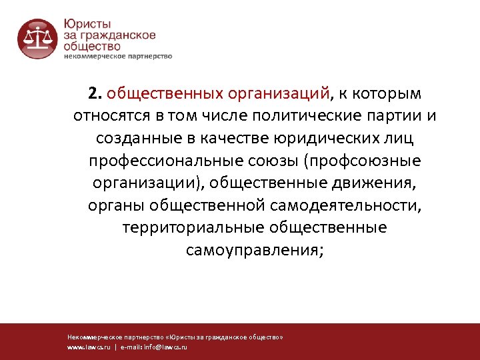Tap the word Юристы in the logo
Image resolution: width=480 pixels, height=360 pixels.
pos(87,22)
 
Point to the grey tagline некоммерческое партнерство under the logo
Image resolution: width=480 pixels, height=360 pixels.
pos(117,56)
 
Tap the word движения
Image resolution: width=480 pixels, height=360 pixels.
pos(375,183)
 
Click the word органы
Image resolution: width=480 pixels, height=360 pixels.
pos(116,206)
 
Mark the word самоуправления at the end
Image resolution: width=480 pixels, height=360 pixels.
pos(254,251)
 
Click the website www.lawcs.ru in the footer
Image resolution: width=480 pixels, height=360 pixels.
pos(89,347)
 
